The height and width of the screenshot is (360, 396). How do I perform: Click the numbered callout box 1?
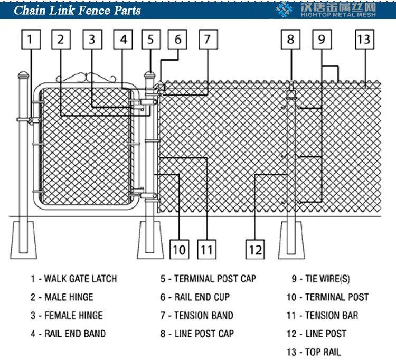pyautogui.click(x=31, y=40)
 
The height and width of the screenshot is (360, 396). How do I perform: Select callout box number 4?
pyautogui.click(x=123, y=40)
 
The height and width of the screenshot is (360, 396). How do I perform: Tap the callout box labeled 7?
pyautogui.click(x=208, y=40)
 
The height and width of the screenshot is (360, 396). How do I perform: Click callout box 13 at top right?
pyautogui.click(x=363, y=40)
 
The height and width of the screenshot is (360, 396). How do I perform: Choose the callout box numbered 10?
pyautogui.click(x=179, y=248)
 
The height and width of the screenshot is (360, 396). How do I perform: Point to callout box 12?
pyautogui.click(x=255, y=248)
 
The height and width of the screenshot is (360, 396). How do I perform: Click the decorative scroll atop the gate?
pyautogui.click(x=86, y=79)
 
